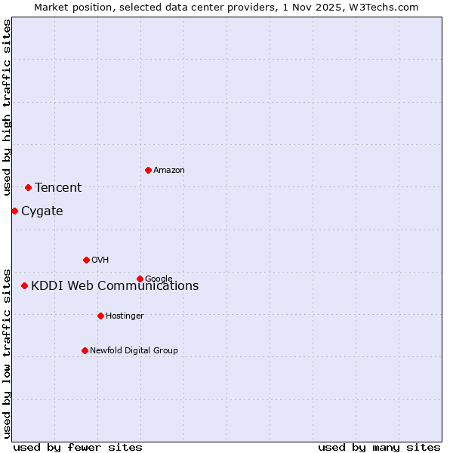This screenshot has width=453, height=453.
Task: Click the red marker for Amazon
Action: (148, 170)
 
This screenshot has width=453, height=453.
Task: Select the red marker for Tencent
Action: (28, 187)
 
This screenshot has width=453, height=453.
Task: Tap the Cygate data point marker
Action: (14, 211)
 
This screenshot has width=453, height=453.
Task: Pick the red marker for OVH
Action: (86, 260)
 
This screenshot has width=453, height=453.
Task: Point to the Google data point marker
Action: (140, 279)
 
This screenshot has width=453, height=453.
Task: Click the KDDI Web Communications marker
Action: (24, 285)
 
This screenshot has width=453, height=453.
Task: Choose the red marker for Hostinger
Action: (100, 316)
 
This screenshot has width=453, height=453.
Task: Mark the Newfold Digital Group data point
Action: (85, 350)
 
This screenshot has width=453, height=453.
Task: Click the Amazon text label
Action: (169, 171)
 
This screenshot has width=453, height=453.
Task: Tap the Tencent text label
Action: (58, 188)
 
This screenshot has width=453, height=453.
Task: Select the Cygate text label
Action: (42, 211)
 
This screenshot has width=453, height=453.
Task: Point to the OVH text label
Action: (100, 260)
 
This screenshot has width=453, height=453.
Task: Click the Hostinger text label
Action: (125, 316)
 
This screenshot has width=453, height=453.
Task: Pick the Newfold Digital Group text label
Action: (134, 351)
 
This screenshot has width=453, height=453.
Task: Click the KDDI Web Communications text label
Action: (115, 286)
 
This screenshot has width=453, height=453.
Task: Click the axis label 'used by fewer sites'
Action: (78, 448)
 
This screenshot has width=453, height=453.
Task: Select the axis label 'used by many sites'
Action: (379, 448)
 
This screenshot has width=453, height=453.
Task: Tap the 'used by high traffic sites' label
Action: (7, 107)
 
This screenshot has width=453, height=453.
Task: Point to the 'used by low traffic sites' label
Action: (7, 353)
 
